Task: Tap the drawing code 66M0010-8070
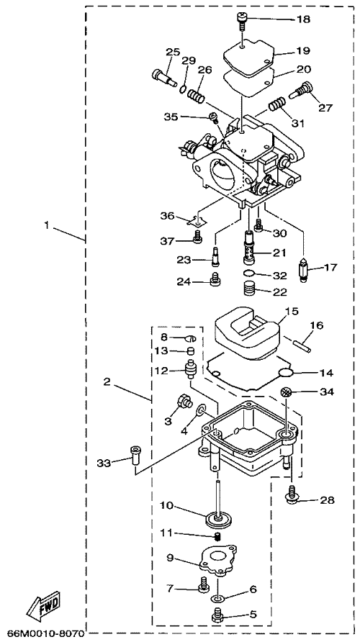[45, 633]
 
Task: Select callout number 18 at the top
[304, 19]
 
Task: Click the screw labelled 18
[242, 19]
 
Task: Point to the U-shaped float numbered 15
[248, 332]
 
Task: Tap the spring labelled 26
[196, 98]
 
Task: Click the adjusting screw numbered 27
[301, 91]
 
